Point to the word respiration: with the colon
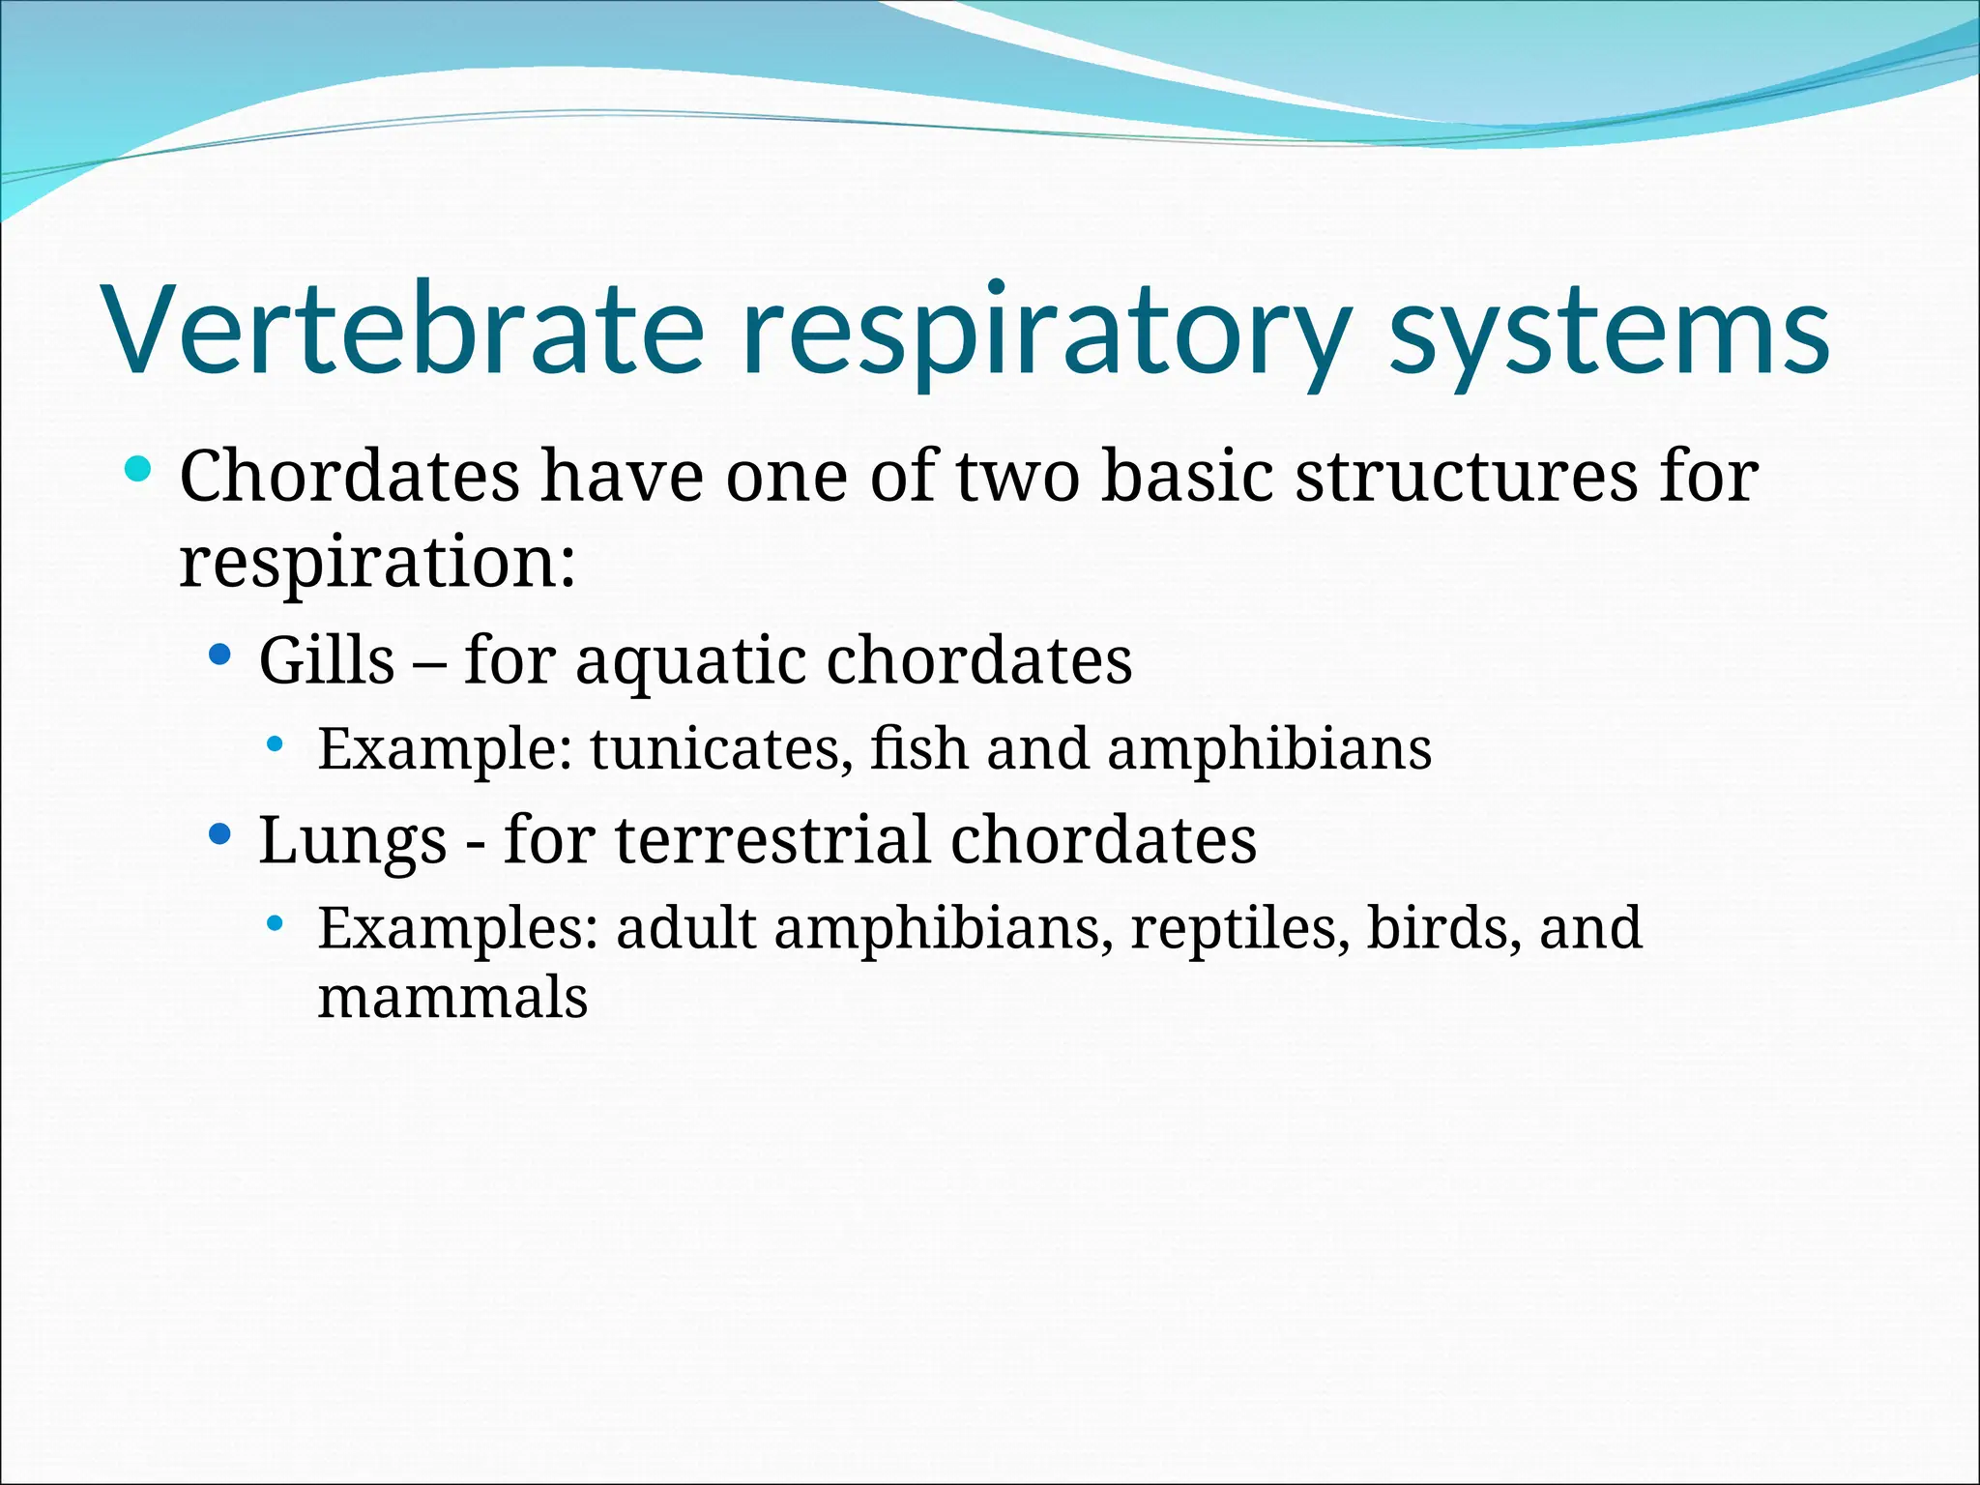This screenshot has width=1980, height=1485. click(x=378, y=563)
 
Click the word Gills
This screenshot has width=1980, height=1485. click(x=327, y=660)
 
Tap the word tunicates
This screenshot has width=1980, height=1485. click(x=721, y=749)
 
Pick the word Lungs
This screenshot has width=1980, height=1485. click(x=353, y=841)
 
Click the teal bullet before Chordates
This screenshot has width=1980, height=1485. click(x=138, y=470)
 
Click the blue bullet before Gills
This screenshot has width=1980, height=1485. click(x=220, y=655)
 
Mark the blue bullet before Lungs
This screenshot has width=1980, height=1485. click(x=220, y=833)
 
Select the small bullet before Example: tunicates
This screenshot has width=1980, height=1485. click(x=276, y=744)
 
